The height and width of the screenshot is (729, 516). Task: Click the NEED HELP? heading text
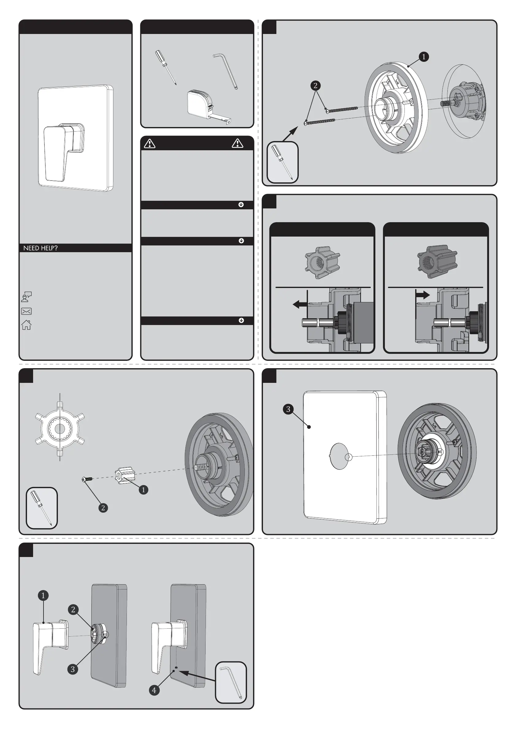40,248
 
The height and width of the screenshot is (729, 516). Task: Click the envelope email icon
26,311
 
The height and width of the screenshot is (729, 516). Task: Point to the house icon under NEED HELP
26,325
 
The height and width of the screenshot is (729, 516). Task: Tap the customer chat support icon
26,297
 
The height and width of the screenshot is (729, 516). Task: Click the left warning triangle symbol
150,144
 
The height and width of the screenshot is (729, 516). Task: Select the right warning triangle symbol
237,144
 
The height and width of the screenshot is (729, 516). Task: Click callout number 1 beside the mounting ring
423,57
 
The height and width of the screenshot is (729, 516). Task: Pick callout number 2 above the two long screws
315,85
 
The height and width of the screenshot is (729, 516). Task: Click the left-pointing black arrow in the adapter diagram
299,305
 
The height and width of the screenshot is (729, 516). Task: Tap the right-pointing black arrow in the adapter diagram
423,295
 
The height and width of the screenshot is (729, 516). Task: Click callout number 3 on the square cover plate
288,409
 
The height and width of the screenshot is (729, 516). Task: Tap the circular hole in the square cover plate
339,456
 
